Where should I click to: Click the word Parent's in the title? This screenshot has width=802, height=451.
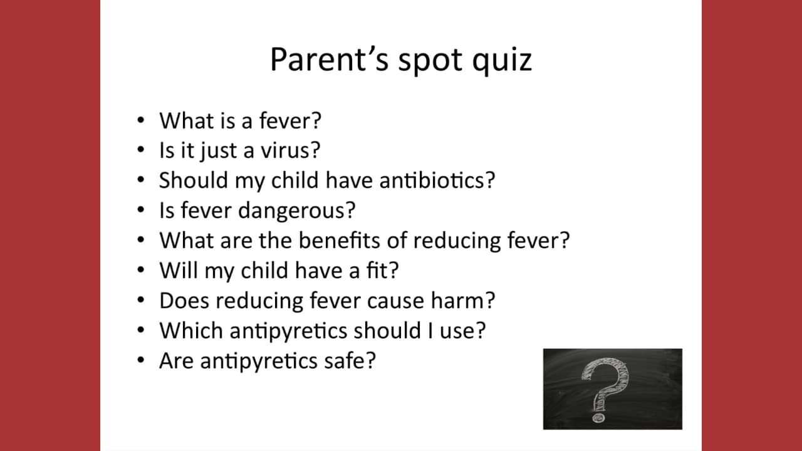[330, 59]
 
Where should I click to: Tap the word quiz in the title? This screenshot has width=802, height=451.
[502, 61]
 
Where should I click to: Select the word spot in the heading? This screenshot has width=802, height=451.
[430, 61]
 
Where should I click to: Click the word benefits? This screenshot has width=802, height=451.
[339, 240]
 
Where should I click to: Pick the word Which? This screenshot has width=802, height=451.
[191, 330]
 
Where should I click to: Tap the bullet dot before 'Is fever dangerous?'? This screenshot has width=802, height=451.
[141, 209]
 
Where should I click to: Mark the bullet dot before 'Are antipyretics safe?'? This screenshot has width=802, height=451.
[141, 360]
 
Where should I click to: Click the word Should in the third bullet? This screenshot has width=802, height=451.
[194, 180]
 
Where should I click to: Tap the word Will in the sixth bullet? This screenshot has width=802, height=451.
[179, 270]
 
